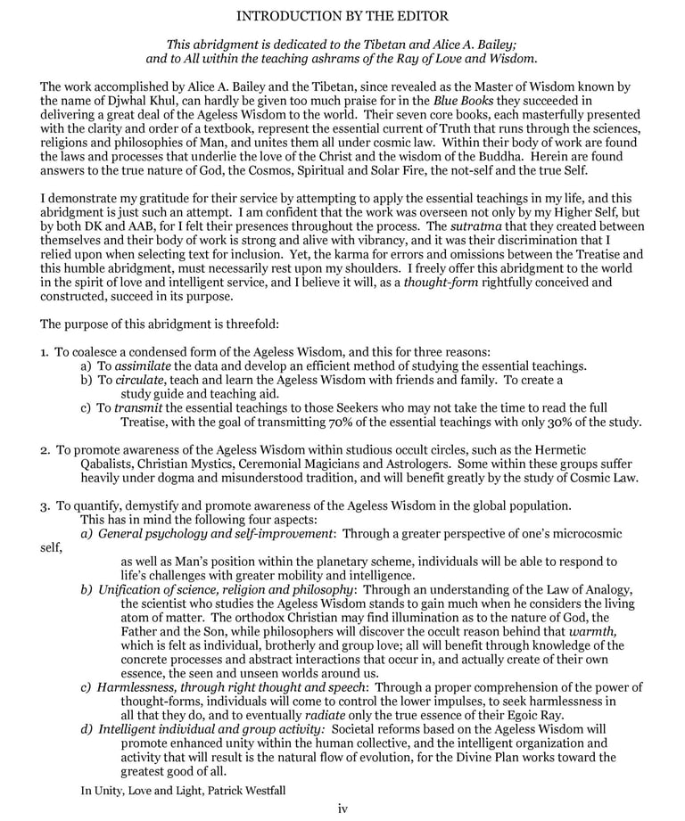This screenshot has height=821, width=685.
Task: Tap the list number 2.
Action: [45, 451]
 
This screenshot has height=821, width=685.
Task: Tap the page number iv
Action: [342, 809]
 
